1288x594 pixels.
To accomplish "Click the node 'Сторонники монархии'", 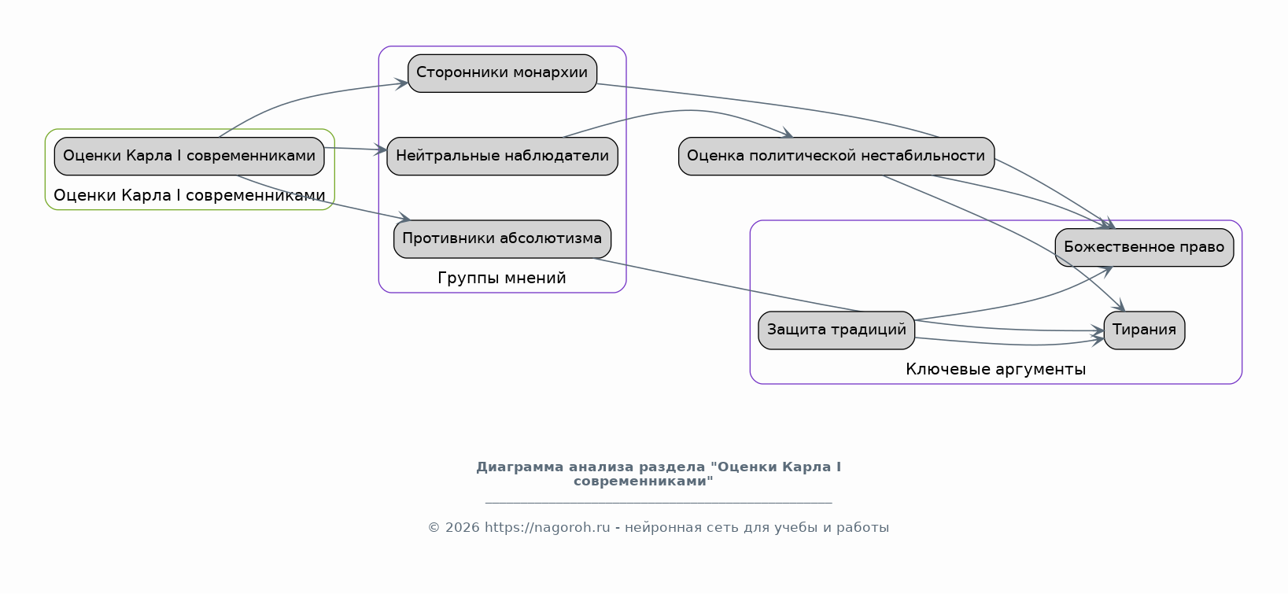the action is pos(502,73).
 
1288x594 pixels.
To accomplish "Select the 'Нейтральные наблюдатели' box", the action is pos(502,156).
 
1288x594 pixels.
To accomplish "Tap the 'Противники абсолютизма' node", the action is pos(502,238).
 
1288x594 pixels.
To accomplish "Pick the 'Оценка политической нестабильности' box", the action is pos(836,156).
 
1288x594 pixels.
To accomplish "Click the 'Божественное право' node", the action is pos(1144,247).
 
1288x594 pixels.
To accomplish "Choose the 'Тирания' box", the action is pos(1144,330).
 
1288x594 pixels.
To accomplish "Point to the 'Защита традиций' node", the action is pos(836,330).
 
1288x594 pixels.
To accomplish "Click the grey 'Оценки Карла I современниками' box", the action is pos(189,156).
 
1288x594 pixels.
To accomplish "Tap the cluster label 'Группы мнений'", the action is pos(502,279).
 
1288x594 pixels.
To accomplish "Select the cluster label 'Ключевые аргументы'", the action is pos(995,369).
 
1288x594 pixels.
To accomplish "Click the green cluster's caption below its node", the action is pos(189,195).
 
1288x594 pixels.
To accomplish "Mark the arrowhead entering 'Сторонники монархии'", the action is pos(401,84).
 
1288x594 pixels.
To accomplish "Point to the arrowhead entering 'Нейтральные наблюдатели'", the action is pos(381,150).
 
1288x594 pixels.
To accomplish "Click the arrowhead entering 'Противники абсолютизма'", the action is pos(404,218).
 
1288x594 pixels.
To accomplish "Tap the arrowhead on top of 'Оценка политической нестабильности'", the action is pos(787,134).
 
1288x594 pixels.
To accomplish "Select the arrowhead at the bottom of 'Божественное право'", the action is pos(1105,269).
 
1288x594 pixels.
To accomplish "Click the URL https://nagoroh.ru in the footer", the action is pos(547,527).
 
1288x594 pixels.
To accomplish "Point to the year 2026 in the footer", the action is pos(463,527).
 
